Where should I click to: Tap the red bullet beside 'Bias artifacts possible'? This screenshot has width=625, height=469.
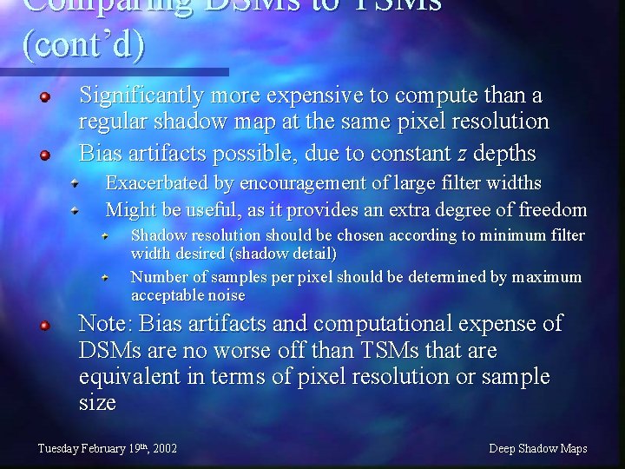click(x=46, y=156)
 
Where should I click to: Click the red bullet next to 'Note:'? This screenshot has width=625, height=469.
click(x=46, y=327)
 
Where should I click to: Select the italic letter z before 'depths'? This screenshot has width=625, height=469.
click(x=463, y=155)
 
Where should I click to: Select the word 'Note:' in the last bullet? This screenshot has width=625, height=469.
click(x=105, y=325)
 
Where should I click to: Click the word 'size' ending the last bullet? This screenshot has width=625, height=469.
click(x=96, y=403)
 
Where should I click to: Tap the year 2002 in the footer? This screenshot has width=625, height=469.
click(x=163, y=449)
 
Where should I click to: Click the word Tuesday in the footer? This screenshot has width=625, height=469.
click(x=57, y=449)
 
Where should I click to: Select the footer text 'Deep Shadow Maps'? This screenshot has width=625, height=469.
click(x=538, y=449)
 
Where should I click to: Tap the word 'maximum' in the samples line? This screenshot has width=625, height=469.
click(x=547, y=277)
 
